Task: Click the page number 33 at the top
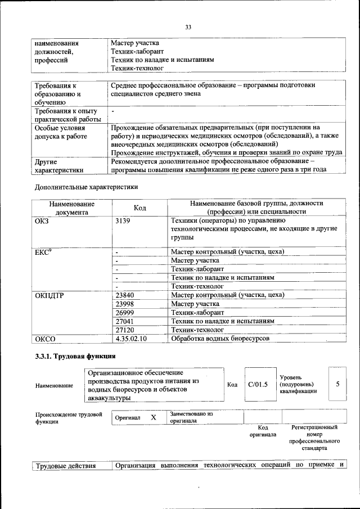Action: [188, 27]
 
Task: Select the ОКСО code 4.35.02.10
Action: [130, 339]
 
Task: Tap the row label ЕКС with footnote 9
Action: [43, 251]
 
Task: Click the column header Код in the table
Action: [140, 208]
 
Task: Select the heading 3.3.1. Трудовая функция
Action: [75, 356]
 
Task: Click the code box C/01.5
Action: [258, 385]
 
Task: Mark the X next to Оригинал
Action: [153, 418]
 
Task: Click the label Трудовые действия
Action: [65, 465]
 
